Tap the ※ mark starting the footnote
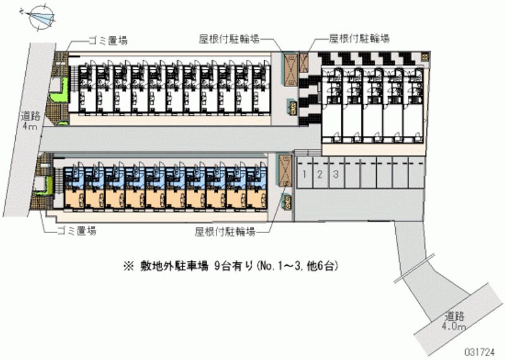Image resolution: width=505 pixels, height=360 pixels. coord(128,266)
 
